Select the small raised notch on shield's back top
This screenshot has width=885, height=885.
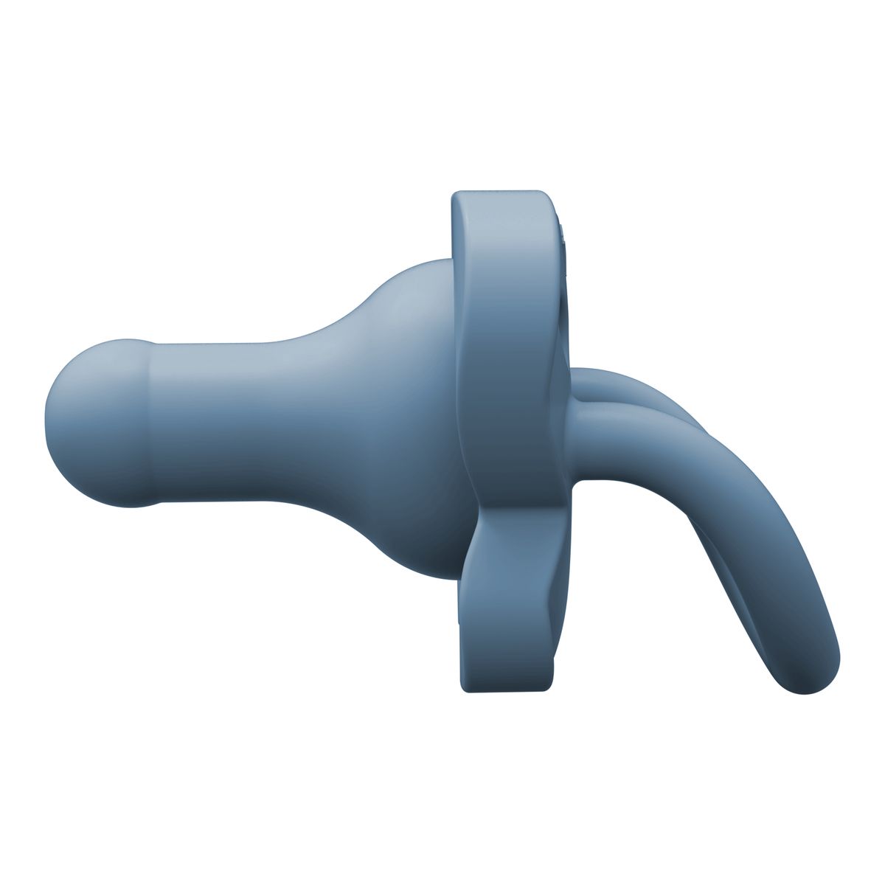click(564, 236)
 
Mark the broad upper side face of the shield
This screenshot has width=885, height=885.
click(509, 332)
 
